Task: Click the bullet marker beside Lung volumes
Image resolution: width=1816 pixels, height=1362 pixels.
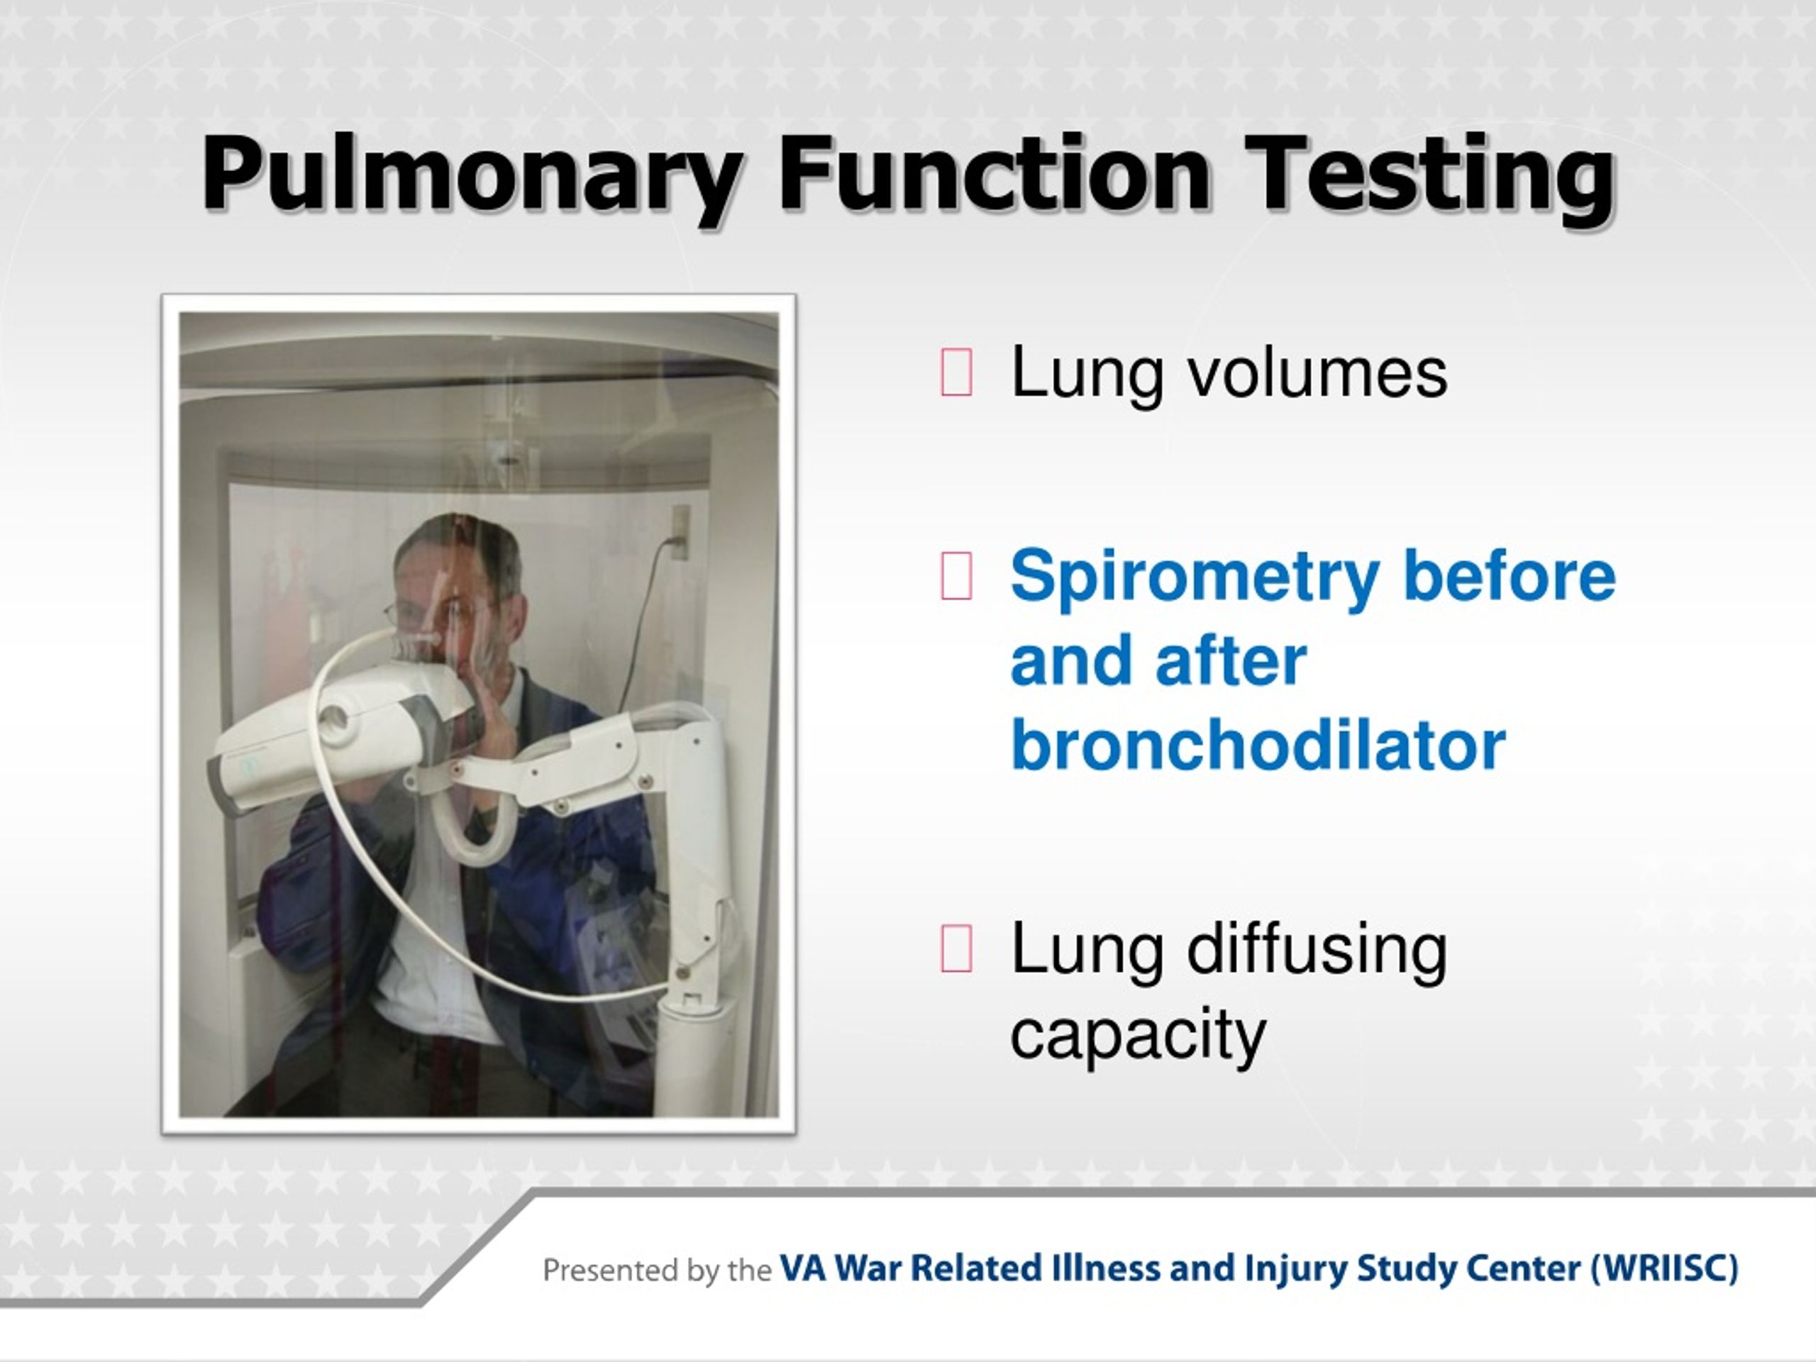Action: (x=956, y=372)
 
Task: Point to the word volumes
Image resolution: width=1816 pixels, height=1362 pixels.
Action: (x=1318, y=372)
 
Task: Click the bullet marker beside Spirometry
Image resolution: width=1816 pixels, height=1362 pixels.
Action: (x=956, y=575)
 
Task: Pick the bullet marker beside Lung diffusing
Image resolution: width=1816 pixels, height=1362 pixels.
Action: (x=956, y=948)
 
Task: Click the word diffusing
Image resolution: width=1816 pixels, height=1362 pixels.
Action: (x=1318, y=948)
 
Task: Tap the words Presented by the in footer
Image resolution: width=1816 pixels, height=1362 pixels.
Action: (x=657, y=1270)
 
